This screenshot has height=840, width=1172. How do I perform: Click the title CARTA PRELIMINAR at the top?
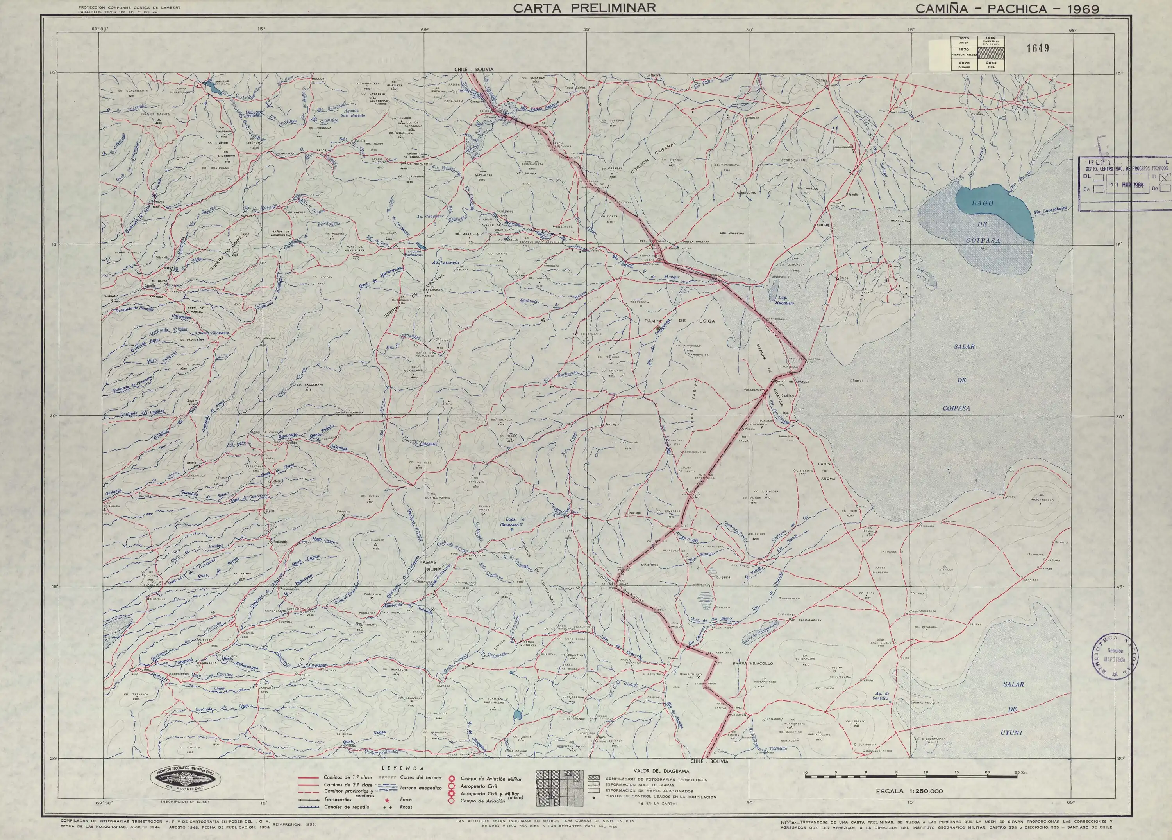584,8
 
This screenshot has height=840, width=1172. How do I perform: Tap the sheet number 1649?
1038,48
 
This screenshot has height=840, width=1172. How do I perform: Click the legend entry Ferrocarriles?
338,799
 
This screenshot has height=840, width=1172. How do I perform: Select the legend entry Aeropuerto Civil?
478,786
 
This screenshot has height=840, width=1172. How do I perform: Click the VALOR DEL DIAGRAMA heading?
661,771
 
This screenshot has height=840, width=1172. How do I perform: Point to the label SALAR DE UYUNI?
1013,709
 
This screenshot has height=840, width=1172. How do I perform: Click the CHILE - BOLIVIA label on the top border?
473,69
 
